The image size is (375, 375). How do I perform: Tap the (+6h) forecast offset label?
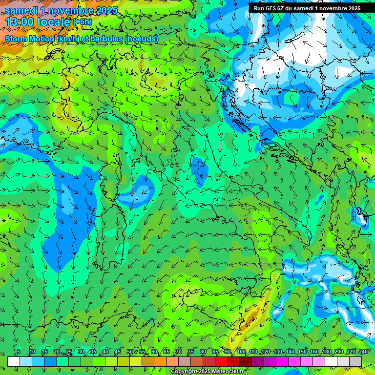coord(82,22)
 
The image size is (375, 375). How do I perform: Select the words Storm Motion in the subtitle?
coord(30,39)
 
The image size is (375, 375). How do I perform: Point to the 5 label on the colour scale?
coord(19,352)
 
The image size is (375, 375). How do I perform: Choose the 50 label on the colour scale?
coord(129,352)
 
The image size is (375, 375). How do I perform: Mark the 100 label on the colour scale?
coord(241,352)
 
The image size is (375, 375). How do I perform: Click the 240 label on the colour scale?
coord(363,352)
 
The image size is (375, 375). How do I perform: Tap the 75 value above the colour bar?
coord(190,352)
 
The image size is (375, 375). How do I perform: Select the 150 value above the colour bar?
coord(302,352)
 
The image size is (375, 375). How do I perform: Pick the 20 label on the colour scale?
coord(56,352)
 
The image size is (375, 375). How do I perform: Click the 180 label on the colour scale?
coord(326,352)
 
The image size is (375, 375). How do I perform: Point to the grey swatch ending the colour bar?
coord(355,361)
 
